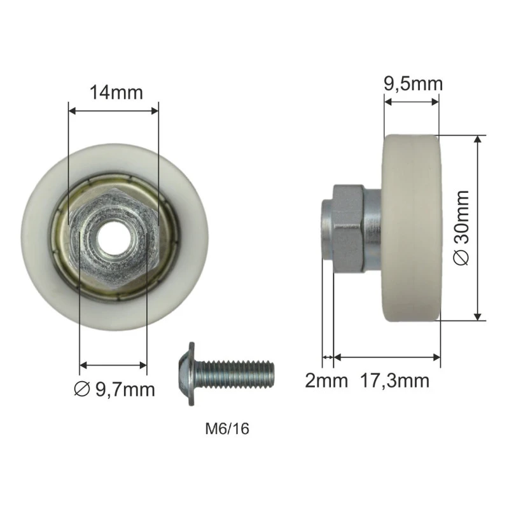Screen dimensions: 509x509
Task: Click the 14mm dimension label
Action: pyautogui.click(x=116, y=92)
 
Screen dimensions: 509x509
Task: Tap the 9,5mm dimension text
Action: pyautogui.click(x=413, y=84)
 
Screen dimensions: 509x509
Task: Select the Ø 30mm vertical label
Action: pyautogui.click(x=461, y=228)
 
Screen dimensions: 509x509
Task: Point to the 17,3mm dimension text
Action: pyautogui.click(x=394, y=380)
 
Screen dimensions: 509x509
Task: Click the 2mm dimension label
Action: pyautogui.click(x=326, y=380)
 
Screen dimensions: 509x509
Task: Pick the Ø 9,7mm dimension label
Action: pyautogui.click(x=115, y=389)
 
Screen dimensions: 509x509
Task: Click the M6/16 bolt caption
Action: pyautogui.click(x=227, y=429)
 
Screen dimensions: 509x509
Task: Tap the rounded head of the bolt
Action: pyautogui.click(x=187, y=373)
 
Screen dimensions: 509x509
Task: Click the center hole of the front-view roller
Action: pyautogui.click(x=113, y=237)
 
